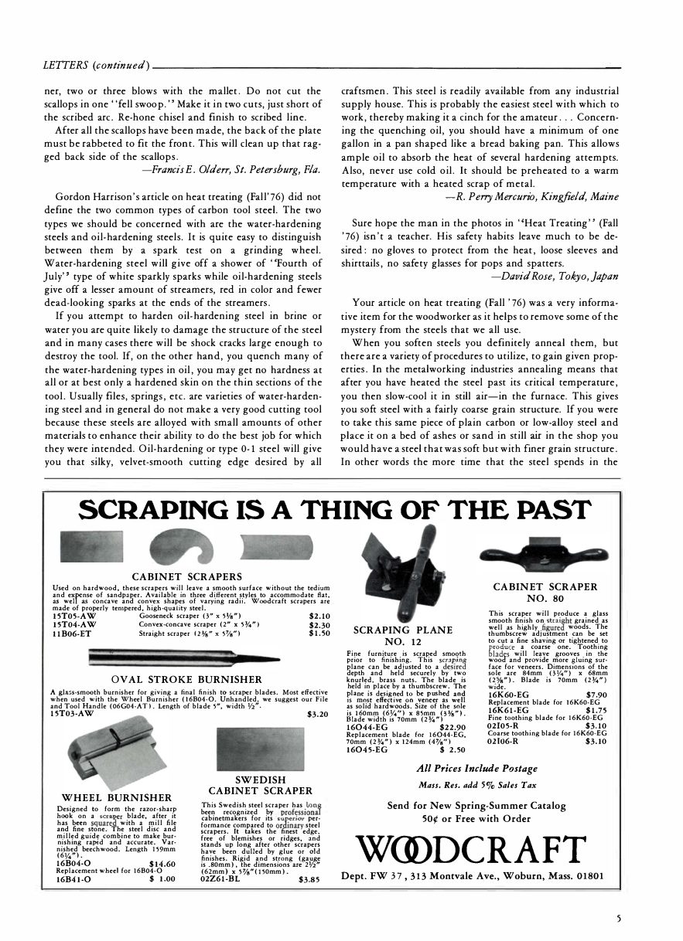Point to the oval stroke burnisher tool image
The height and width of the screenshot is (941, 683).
189,657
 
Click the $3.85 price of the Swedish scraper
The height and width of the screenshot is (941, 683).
309,878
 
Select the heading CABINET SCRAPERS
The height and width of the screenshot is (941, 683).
186,576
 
